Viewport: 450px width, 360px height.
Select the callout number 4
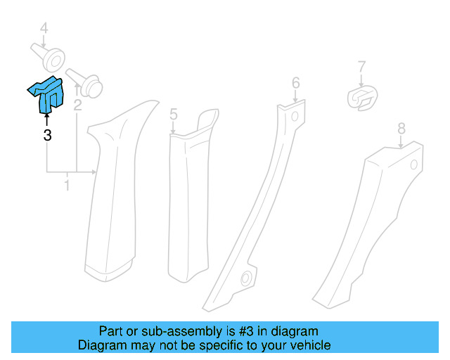point(44,29)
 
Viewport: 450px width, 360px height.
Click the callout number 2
point(77,105)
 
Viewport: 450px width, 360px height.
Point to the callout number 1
point(67,186)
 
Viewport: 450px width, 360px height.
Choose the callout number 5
point(173,114)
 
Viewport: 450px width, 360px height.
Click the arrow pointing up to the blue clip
point(47,120)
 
